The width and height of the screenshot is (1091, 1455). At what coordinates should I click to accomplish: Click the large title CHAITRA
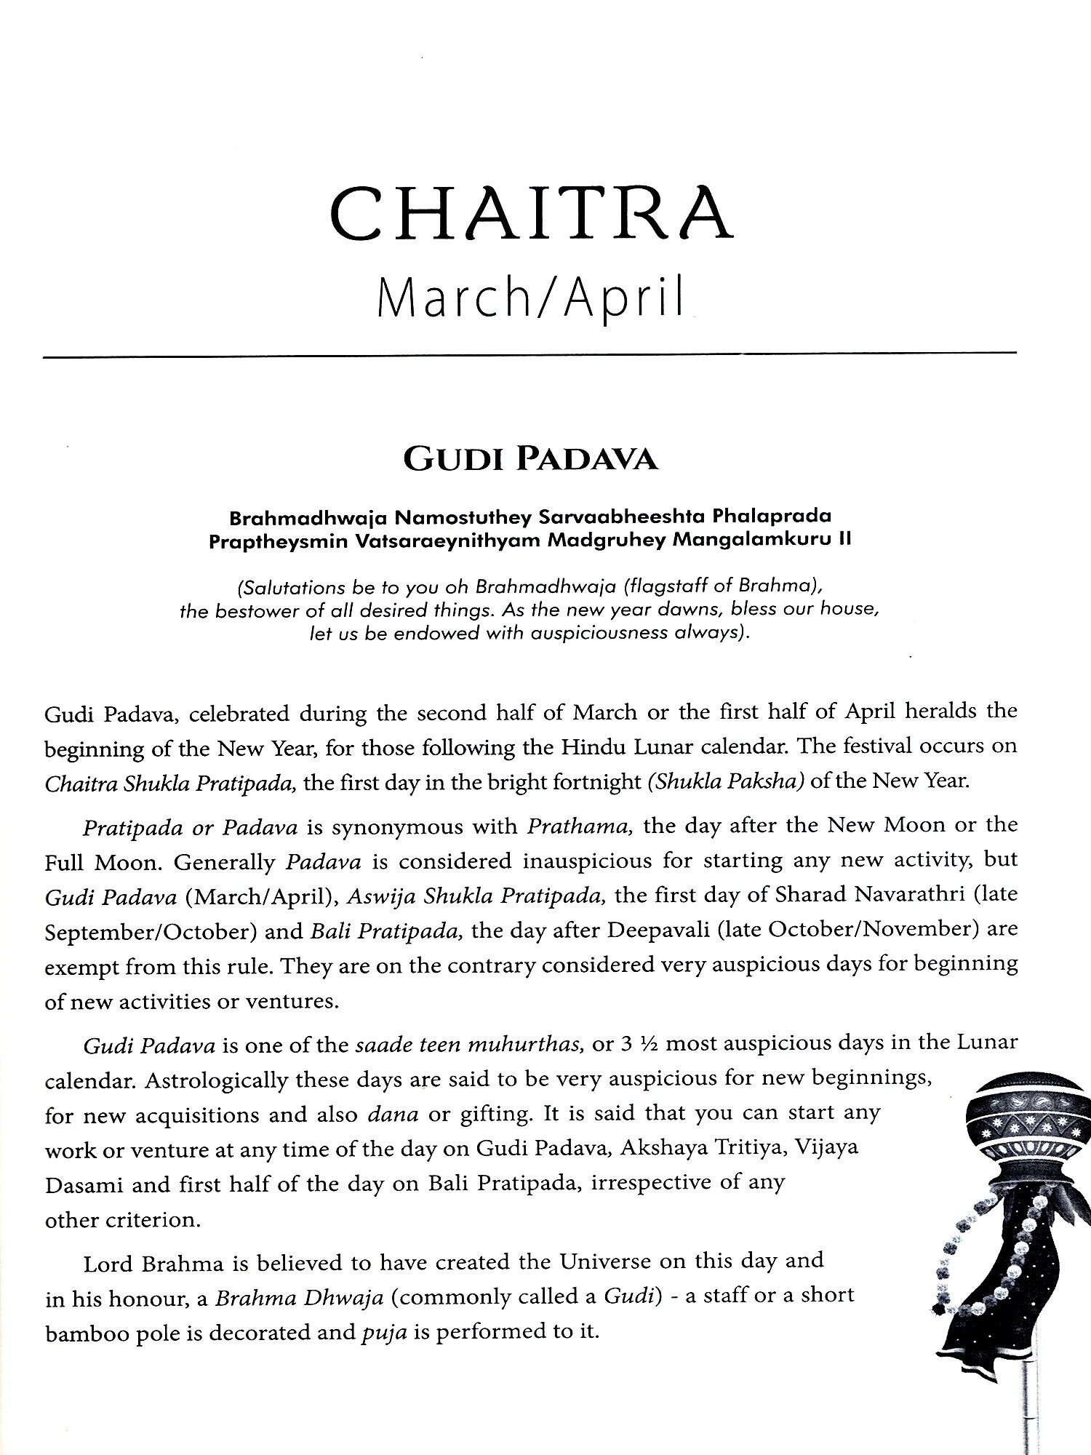pos(530,214)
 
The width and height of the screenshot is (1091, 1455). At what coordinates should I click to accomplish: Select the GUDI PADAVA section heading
pos(530,460)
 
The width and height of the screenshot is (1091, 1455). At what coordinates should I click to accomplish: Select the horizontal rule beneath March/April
pos(530,355)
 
